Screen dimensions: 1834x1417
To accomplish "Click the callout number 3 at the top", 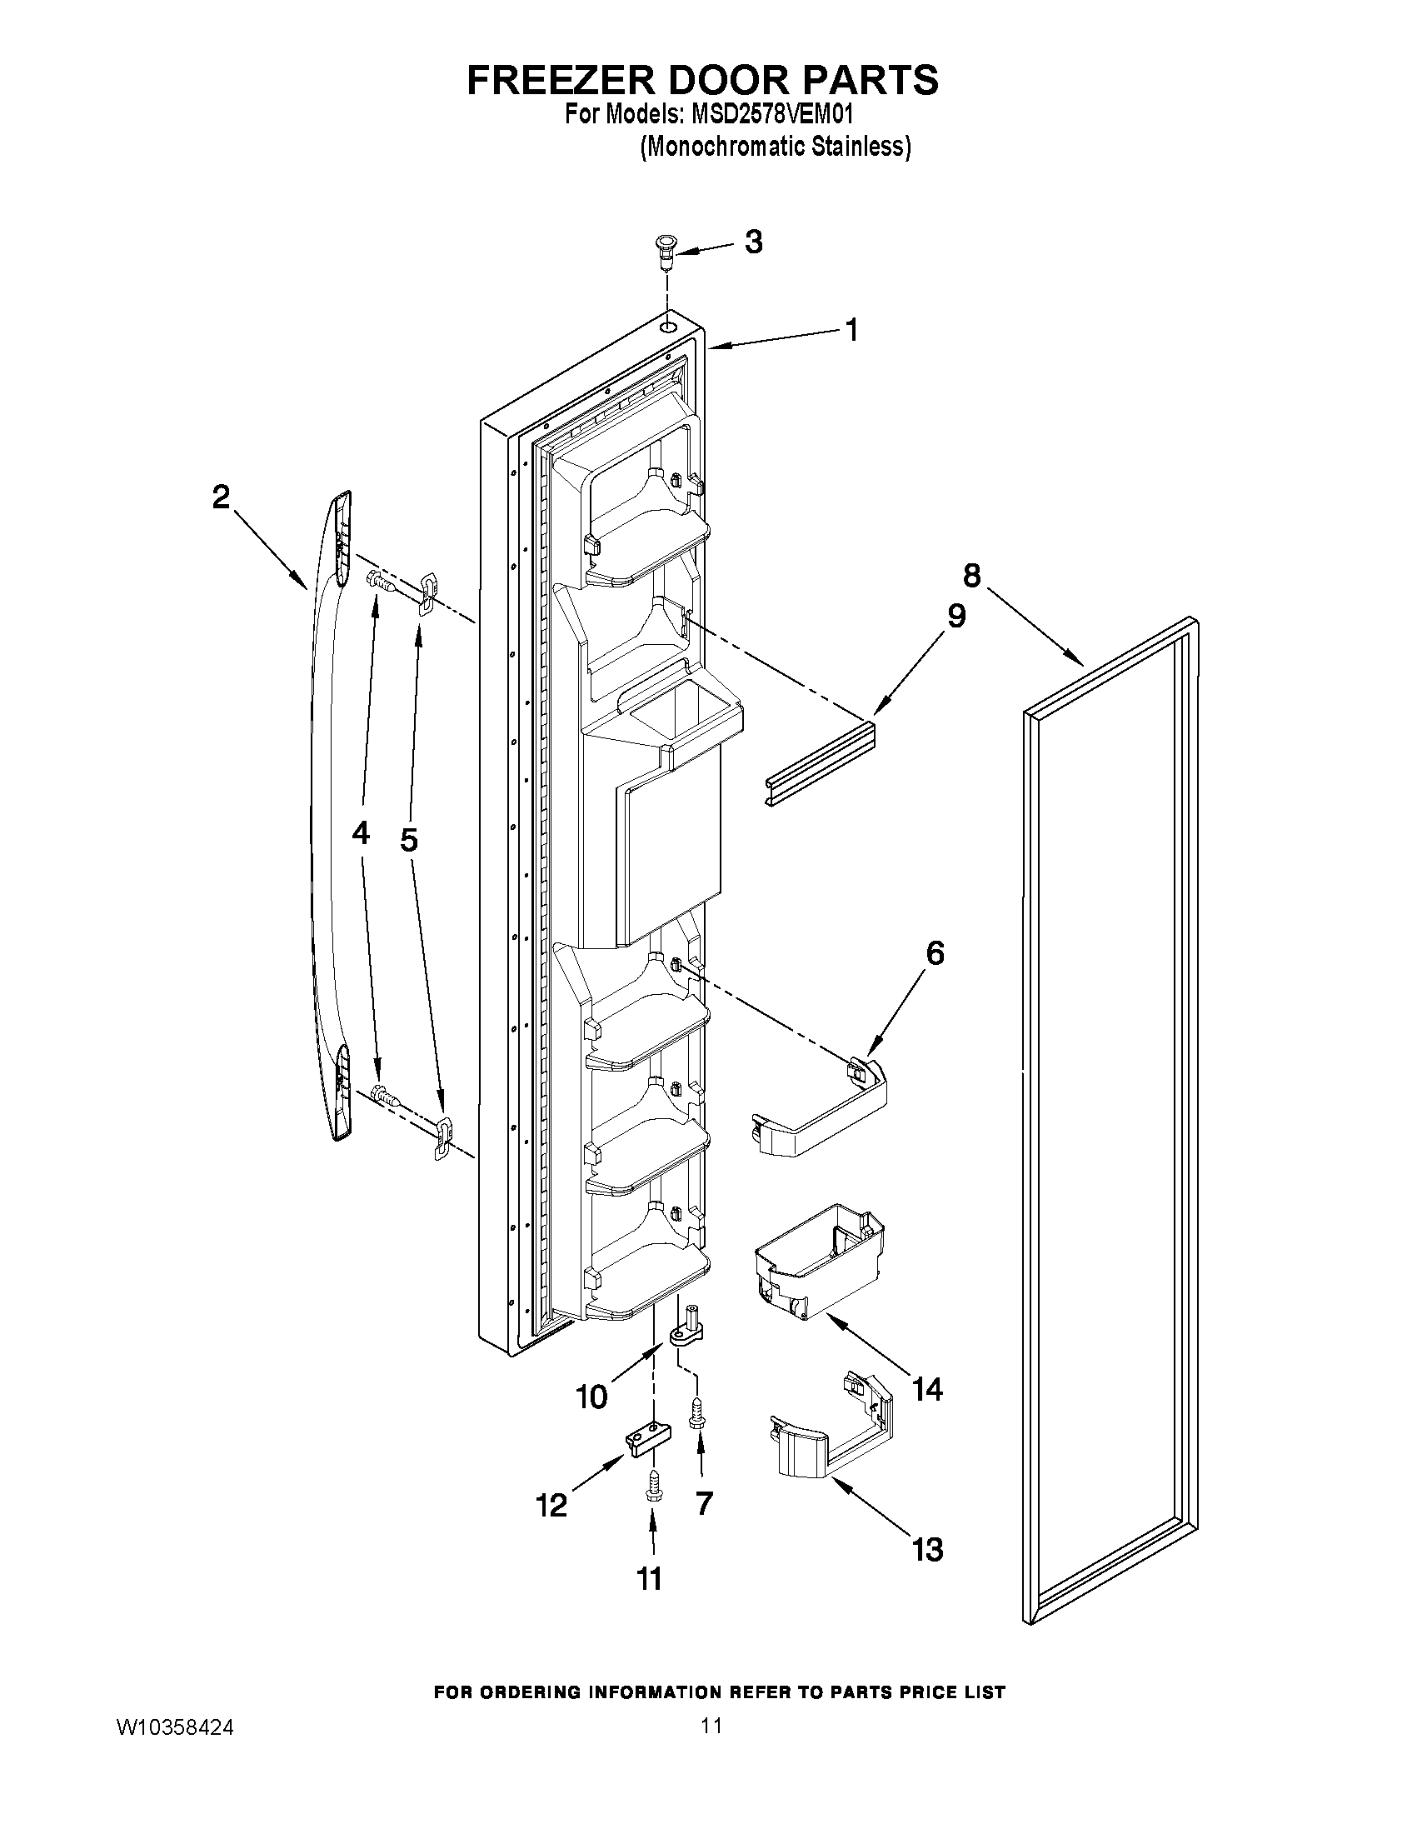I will point(753,242).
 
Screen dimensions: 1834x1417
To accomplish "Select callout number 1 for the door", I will point(851,330).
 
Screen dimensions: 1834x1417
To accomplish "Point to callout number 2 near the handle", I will point(220,498).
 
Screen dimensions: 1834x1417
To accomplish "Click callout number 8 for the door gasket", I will point(970,575).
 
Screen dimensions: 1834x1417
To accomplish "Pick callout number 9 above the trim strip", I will point(956,616).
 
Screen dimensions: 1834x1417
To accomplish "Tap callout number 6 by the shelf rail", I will point(935,953).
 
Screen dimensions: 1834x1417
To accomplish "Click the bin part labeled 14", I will point(819,1266).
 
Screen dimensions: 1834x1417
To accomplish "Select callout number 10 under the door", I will point(591,1396).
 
